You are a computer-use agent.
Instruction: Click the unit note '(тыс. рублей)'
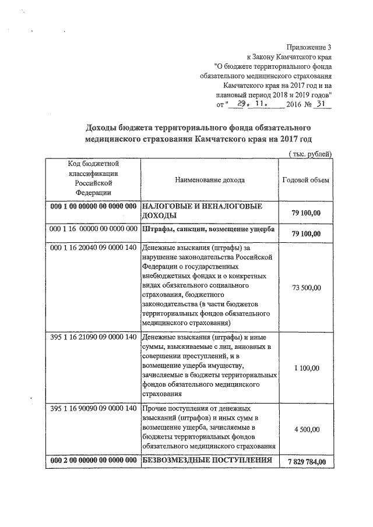(x=311, y=153)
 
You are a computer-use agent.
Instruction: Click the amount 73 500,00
(x=305, y=287)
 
